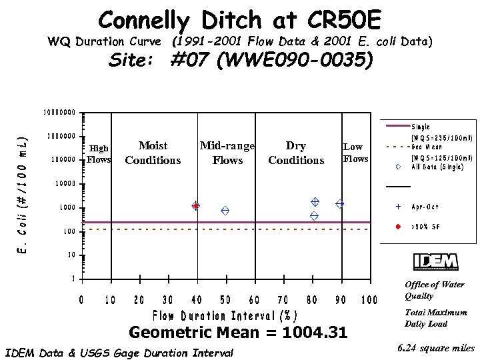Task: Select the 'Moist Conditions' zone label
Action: (x=153, y=153)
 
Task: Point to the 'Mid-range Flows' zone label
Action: (x=227, y=153)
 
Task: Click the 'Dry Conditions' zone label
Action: (x=296, y=153)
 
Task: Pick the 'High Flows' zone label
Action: (x=99, y=154)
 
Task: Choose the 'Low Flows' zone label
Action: (x=355, y=153)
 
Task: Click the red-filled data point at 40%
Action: (x=196, y=206)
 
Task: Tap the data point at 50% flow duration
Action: (x=226, y=211)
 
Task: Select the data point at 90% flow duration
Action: (x=340, y=203)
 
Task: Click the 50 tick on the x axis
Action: (x=225, y=301)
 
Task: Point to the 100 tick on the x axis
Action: (x=369, y=301)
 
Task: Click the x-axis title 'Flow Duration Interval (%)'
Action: (x=225, y=315)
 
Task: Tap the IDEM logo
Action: (x=435, y=262)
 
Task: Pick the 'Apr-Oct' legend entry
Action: (x=424, y=207)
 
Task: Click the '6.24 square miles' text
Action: (x=435, y=348)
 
